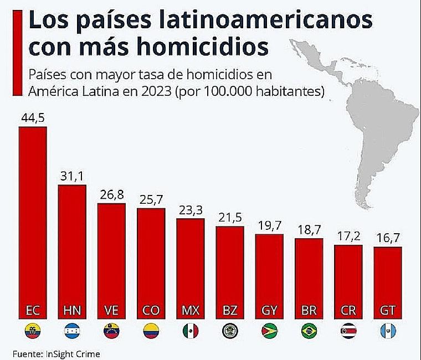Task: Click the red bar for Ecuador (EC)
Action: pos(33,222)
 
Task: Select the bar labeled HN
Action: pos(72,249)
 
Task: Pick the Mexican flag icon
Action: pos(190,331)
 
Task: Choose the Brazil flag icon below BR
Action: pos(308,331)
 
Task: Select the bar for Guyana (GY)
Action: pos(269,271)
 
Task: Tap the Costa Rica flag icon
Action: pos(348,331)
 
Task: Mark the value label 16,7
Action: pos(387,239)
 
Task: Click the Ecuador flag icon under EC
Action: pos(33,331)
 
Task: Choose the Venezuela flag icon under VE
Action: pos(111,331)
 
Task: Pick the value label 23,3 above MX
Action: pos(190,210)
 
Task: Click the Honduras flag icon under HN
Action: pos(72,331)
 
